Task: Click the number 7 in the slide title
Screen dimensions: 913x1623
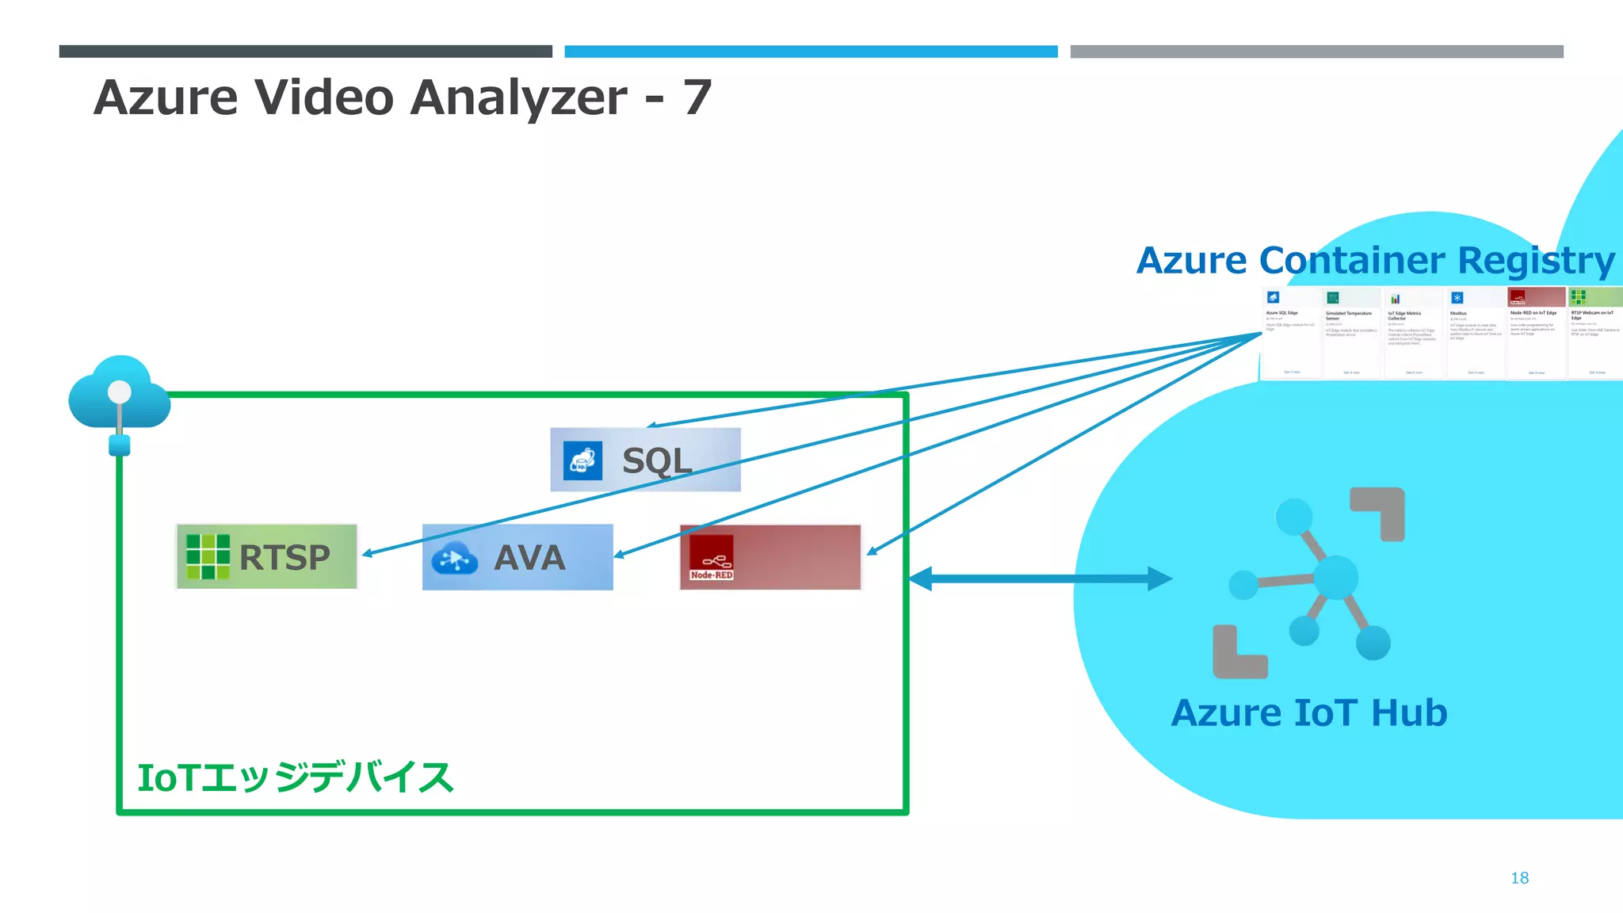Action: click(x=697, y=97)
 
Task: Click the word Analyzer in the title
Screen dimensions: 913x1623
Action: click(x=518, y=97)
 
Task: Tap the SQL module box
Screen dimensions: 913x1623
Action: click(x=645, y=460)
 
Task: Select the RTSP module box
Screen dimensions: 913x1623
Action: click(x=266, y=556)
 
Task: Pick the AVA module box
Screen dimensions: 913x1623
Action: click(x=517, y=556)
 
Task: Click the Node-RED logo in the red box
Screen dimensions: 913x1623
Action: click(x=711, y=557)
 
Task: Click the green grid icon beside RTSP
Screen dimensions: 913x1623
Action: click(x=208, y=556)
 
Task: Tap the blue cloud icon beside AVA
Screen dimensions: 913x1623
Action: click(x=454, y=559)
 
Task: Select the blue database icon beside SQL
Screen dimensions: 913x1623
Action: click(x=582, y=460)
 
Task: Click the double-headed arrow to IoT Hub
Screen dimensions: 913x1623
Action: click(x=1040, y=579)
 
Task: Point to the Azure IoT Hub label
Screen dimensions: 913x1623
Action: click(x=1308, y=712)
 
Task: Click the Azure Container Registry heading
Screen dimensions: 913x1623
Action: click(x=1375, y=260)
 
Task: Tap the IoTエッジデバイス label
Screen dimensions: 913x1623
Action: click(x=295, y=777)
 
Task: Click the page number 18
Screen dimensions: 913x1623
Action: click(x=1519, y=877)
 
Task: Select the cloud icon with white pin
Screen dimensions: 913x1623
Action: click(x=119, y=395)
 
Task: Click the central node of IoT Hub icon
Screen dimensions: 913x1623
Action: click(x=1336, y=577)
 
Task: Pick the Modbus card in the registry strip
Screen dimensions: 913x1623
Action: click(x=1475, y=333)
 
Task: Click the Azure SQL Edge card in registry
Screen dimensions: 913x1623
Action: click(x=1291, y=333)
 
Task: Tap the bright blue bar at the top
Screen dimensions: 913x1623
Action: click(x=811, y=52)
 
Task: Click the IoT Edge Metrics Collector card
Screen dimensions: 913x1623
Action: click(x=1413, y=333)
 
